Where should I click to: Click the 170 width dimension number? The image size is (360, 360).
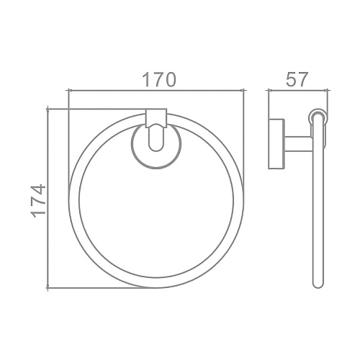(x=159, y=79)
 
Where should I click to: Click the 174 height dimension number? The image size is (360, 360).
(x=38, y=201)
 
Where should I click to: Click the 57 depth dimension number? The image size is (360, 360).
(x=297, y=79)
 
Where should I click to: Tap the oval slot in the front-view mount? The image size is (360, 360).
(x=156, y=138)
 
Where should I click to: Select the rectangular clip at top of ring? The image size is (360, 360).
(x=156, y=118)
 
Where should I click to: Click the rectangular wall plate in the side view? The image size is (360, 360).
(x=276, y=144)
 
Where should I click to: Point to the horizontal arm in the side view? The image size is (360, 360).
(x=299, y=144)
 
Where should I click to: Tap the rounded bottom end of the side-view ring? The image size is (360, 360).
(x=319, y=284)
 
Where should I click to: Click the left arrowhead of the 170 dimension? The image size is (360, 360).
(x=71, y=90)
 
